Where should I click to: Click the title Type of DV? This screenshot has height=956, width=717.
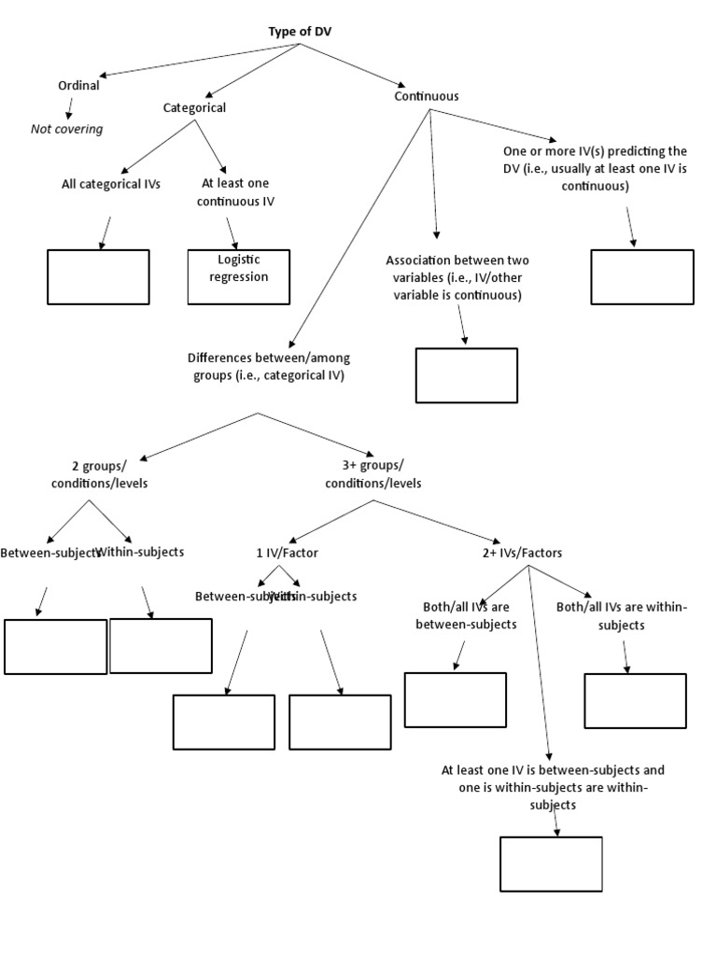pos(299,32)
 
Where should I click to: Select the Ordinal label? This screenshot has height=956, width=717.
pos(78,85)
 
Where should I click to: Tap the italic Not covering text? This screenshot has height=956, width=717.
pos(67,129)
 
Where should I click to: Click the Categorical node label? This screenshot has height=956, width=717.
pos(194,107)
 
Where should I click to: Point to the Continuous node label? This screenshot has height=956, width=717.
pos(426,95)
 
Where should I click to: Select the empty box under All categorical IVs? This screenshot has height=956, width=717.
pos(98,276)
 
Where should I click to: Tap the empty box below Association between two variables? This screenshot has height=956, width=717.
pos(466,375)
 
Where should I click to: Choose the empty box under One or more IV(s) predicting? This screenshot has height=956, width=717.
pos(642,276)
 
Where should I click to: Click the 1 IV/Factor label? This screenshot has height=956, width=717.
pos(287,553)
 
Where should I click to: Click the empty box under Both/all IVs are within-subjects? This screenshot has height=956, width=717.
pos(635,700)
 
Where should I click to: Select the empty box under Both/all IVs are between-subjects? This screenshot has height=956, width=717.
pos(456,699)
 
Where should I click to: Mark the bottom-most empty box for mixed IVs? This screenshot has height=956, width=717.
pos(551,865)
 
